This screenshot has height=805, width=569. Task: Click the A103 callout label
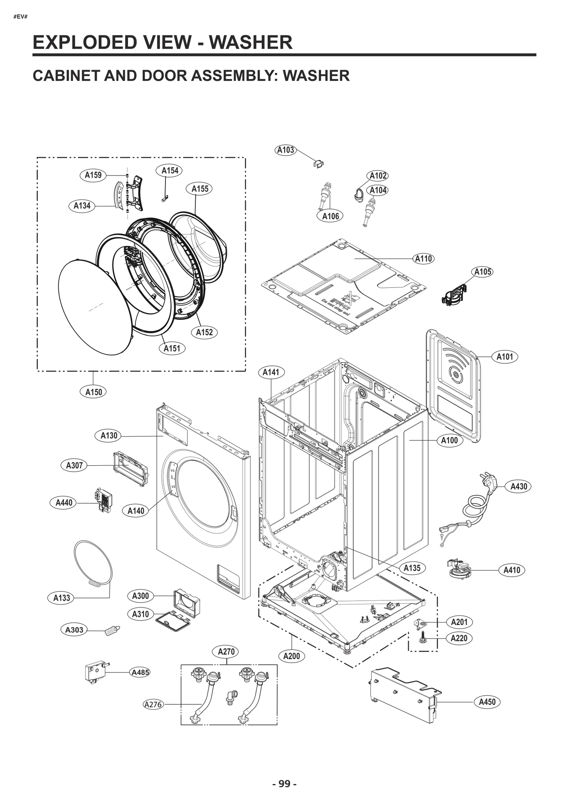pos(286,150)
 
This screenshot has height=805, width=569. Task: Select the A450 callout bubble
pos(487,702)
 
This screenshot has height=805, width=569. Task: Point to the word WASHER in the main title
pos(250,42)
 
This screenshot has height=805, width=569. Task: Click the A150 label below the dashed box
pos(94,392)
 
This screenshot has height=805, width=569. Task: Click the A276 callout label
pos(153,704)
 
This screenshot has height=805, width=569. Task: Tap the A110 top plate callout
pos(423,259)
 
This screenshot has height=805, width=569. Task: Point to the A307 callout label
pos(74,465)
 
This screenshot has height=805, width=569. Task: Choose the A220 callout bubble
pos(459,638)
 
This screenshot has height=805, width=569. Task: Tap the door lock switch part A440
pos(103,501)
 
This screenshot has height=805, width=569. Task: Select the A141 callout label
pos(271,372)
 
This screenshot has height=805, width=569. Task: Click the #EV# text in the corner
pos(20,17)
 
